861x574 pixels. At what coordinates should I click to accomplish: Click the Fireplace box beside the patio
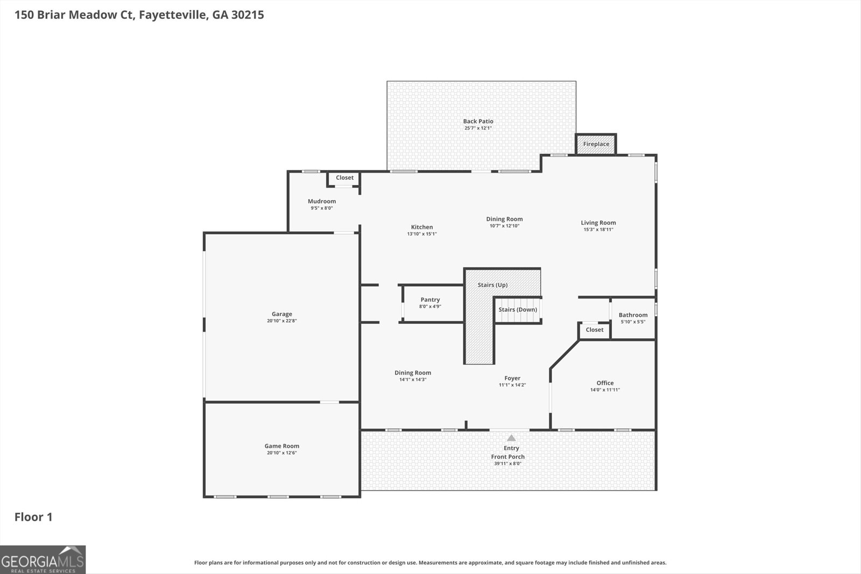tap(596, 144)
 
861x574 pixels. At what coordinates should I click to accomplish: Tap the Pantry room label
tap(430, 300)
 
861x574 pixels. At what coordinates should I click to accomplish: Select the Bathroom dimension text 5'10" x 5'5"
tap(633, 322)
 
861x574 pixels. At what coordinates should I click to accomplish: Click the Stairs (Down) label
tap(518, 310)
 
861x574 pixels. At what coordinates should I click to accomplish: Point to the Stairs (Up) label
tap(492, 285)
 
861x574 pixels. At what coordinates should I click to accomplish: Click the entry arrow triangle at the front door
tap(511, 438)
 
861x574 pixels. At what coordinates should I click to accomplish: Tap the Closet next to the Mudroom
tap(344, 178)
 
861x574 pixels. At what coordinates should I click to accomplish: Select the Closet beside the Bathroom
tap(595, 330)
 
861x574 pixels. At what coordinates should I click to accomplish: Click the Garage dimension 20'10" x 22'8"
tap(282, 321)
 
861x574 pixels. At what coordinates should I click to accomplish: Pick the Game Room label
tap(282, 446)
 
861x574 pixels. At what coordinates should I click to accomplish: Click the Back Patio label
tap(478, 122)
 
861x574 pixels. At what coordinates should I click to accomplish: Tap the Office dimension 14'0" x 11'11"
tap(605, 390)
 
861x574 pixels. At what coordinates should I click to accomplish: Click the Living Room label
tap(598, 223)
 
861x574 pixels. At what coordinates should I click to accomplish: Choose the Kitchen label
tap(422, 227)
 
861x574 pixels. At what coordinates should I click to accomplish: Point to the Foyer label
tap(512, 378)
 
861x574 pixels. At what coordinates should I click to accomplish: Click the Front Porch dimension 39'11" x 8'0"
tap(507, 464)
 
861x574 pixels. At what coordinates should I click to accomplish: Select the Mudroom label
tap(322, 201)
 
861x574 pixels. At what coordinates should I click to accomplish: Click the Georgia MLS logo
tap(43, 559)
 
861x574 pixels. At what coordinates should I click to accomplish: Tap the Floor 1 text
tap(33, 517)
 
